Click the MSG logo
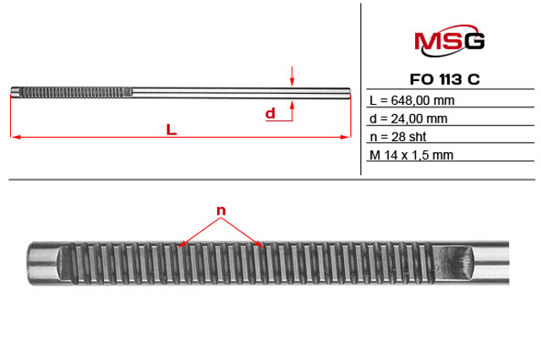click(449, 41)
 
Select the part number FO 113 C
click(445, 79)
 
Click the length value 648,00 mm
click(423, 101)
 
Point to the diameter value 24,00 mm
click(419, 118)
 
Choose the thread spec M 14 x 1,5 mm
click(412, 155)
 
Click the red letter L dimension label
click(172, 129)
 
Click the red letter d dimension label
click(270, 113)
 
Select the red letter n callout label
click(221, 210)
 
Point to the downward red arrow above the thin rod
click(292, 76)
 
